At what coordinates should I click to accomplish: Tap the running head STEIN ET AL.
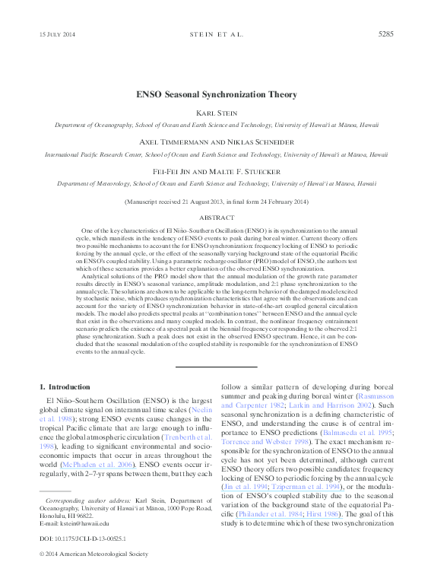[x=215, y=35]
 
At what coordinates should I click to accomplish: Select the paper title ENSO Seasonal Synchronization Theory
[x=215, y=97]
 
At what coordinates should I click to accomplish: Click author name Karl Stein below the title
[x=215, y=114]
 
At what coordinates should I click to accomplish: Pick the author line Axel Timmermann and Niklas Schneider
[x=215, y=142]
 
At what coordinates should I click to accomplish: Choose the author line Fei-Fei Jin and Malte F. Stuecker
[x=215, y=171]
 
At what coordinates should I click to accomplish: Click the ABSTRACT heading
[x=215, y=216]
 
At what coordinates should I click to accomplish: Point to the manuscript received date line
[x=215, y=202]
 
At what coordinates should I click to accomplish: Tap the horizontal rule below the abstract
[x=215, y=367]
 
